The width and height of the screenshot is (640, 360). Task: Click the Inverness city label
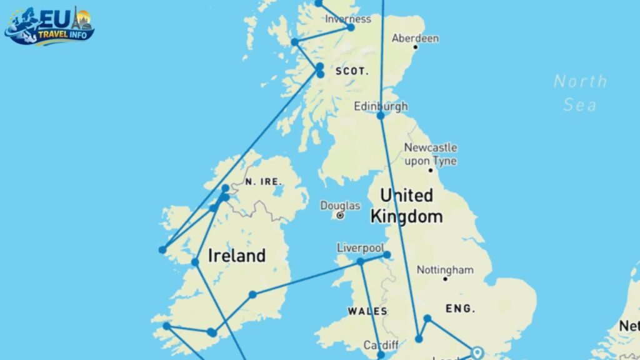coord(348,18)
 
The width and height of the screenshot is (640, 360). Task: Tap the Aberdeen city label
coord(415,38)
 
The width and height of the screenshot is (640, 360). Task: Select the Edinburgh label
coord(381,106)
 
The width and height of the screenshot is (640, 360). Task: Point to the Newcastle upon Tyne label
coord(430,154)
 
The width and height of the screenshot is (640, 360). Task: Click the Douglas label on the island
coord(340,205)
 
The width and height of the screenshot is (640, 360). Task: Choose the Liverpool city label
coord(360,248)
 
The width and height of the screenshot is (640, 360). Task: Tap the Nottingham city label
coord(445,270)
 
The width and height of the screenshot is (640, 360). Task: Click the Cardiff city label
coord(380,345)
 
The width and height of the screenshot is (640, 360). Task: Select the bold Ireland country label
coord(236,256)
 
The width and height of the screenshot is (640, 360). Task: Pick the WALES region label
coord(367,311)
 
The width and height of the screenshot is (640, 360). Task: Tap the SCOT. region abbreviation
coord(352,71)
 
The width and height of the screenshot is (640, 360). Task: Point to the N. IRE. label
coord(264,181)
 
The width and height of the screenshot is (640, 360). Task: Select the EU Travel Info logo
coord(49,26)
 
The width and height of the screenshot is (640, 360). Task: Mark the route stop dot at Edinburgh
coord(381,116)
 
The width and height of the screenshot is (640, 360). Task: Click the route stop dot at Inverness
coord(351,27)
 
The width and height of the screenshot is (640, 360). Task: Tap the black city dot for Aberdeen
coord(415,47)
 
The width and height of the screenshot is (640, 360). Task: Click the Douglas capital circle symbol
coord(340,216)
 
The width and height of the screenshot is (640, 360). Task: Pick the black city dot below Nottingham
coord(445,279)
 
